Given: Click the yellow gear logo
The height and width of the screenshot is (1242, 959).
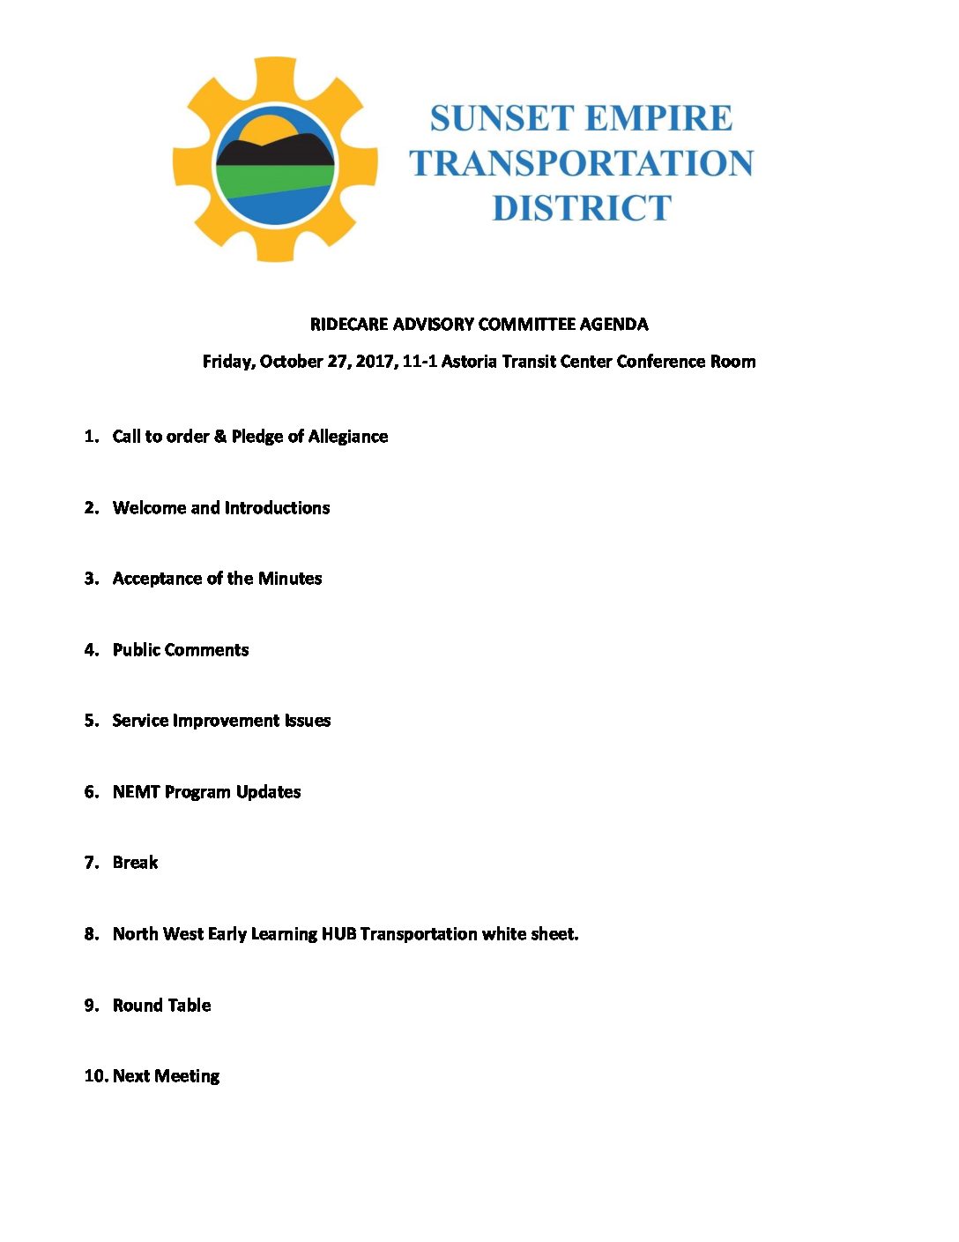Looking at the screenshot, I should (275, 160).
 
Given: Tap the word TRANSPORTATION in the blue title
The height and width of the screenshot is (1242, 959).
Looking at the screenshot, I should (581, 163).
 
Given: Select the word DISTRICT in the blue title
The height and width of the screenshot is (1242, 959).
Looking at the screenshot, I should (582, 208).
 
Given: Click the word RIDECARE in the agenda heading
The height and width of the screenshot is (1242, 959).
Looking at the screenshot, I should (349, 324).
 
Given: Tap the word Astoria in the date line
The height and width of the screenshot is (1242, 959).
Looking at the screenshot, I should (469, 362).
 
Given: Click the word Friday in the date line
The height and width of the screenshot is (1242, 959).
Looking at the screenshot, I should (228, 362).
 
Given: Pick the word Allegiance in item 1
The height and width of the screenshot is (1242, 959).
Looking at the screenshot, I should (347, 437).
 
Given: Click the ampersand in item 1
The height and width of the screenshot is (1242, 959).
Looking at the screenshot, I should (220, 437).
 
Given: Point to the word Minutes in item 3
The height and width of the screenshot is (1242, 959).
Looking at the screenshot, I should (290, 579).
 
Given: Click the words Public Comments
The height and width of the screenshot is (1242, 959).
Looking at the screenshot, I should (181, 650).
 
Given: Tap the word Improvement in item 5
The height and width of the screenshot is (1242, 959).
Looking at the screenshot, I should (226, 721).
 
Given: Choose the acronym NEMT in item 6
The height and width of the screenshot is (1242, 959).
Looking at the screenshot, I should (136, 792).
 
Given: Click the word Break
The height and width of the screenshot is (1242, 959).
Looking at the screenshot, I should (135, 863).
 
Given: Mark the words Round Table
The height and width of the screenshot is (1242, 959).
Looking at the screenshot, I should (161, 1006).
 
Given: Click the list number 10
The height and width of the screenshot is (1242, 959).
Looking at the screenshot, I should (95, 1076).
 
